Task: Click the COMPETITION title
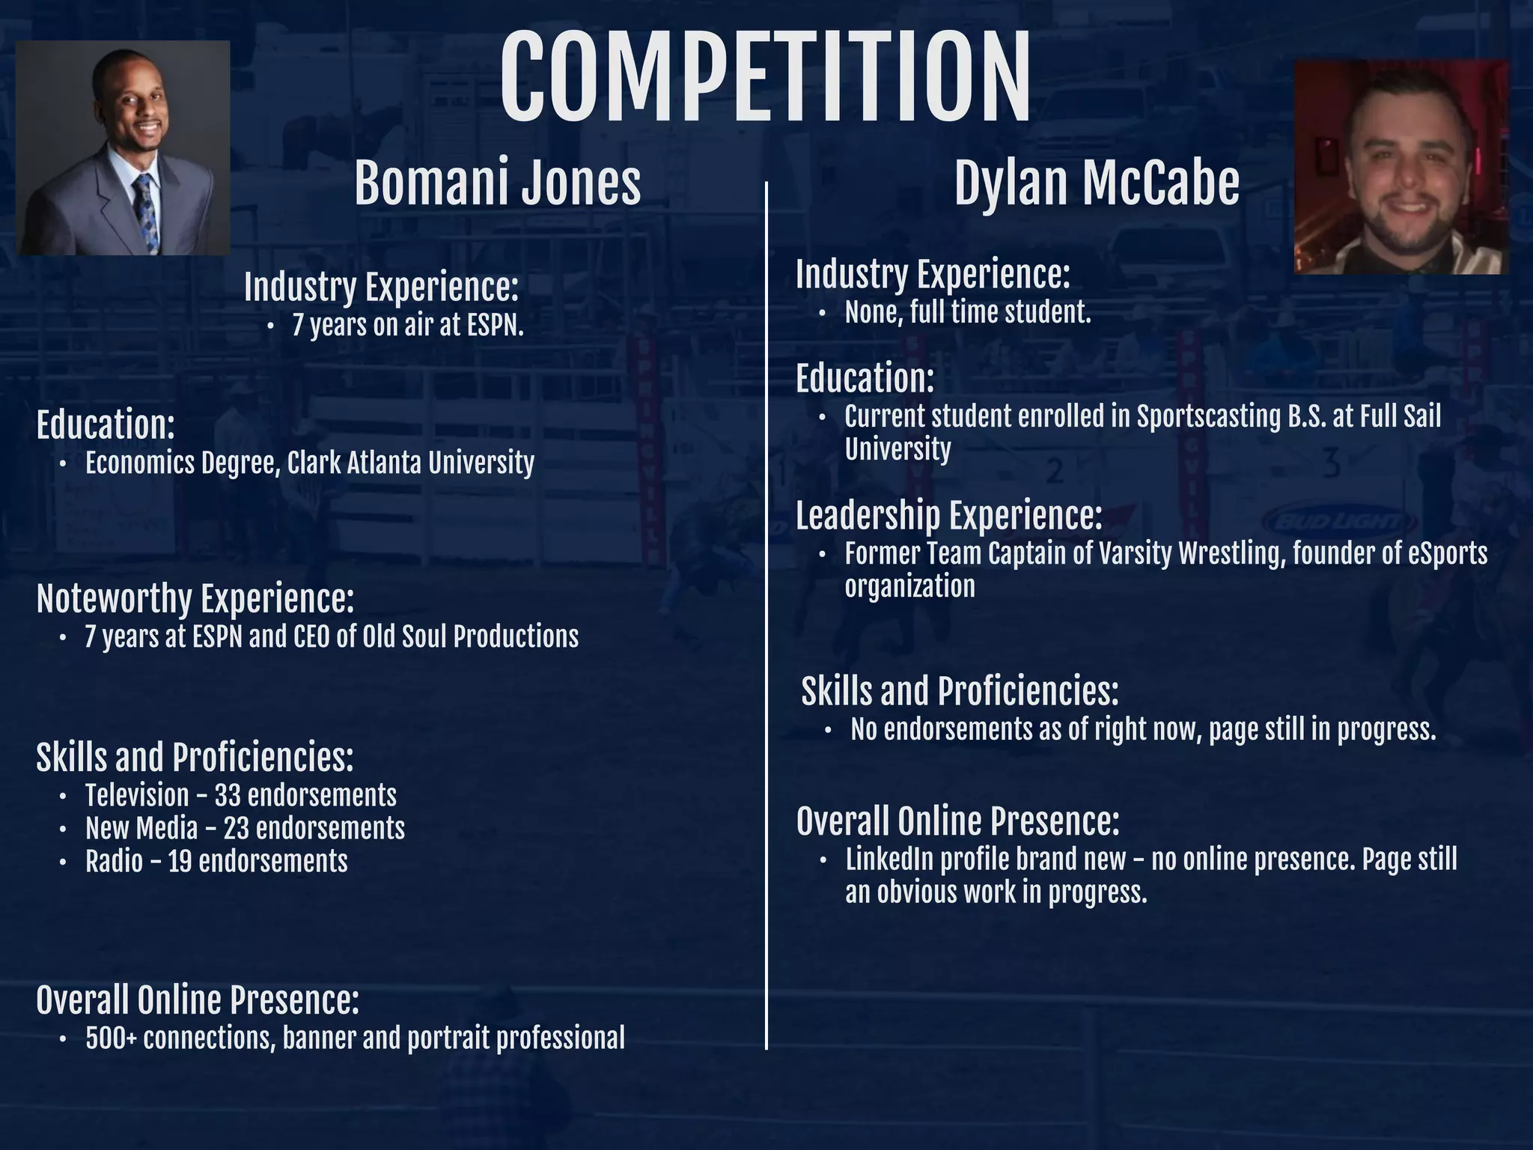[765, 79]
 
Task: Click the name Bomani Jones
[497, 183]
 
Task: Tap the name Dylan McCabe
[1097, 183]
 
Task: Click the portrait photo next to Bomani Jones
[124, 147]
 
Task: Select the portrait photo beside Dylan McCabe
[1401, 167]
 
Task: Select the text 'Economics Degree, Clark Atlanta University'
[309, 463]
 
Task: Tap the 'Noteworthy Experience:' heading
[195, 598]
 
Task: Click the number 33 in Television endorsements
[227, 795]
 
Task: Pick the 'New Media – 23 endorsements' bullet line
[245, 828]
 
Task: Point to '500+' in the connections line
[111, 1038]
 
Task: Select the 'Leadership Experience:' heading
[948, 516]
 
